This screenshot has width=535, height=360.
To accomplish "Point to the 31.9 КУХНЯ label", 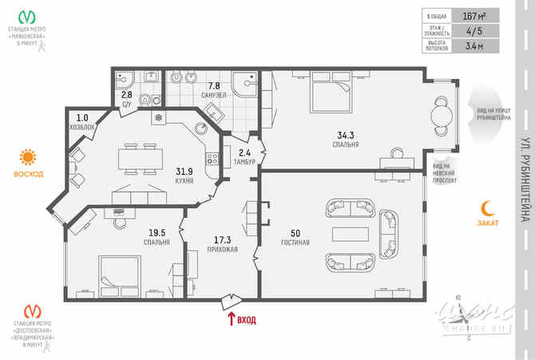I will pos(184,175).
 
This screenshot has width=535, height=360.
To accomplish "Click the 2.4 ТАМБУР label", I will pos(245,156).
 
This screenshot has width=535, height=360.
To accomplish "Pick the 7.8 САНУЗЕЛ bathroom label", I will pos(214,89).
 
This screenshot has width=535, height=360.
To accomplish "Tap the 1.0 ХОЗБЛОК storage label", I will pos(83,122).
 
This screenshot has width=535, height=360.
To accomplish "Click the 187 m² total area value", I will pos(477,15).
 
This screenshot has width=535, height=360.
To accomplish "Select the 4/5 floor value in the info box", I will pos(477,31).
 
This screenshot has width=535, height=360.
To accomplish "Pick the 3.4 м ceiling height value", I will pos(477,46).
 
